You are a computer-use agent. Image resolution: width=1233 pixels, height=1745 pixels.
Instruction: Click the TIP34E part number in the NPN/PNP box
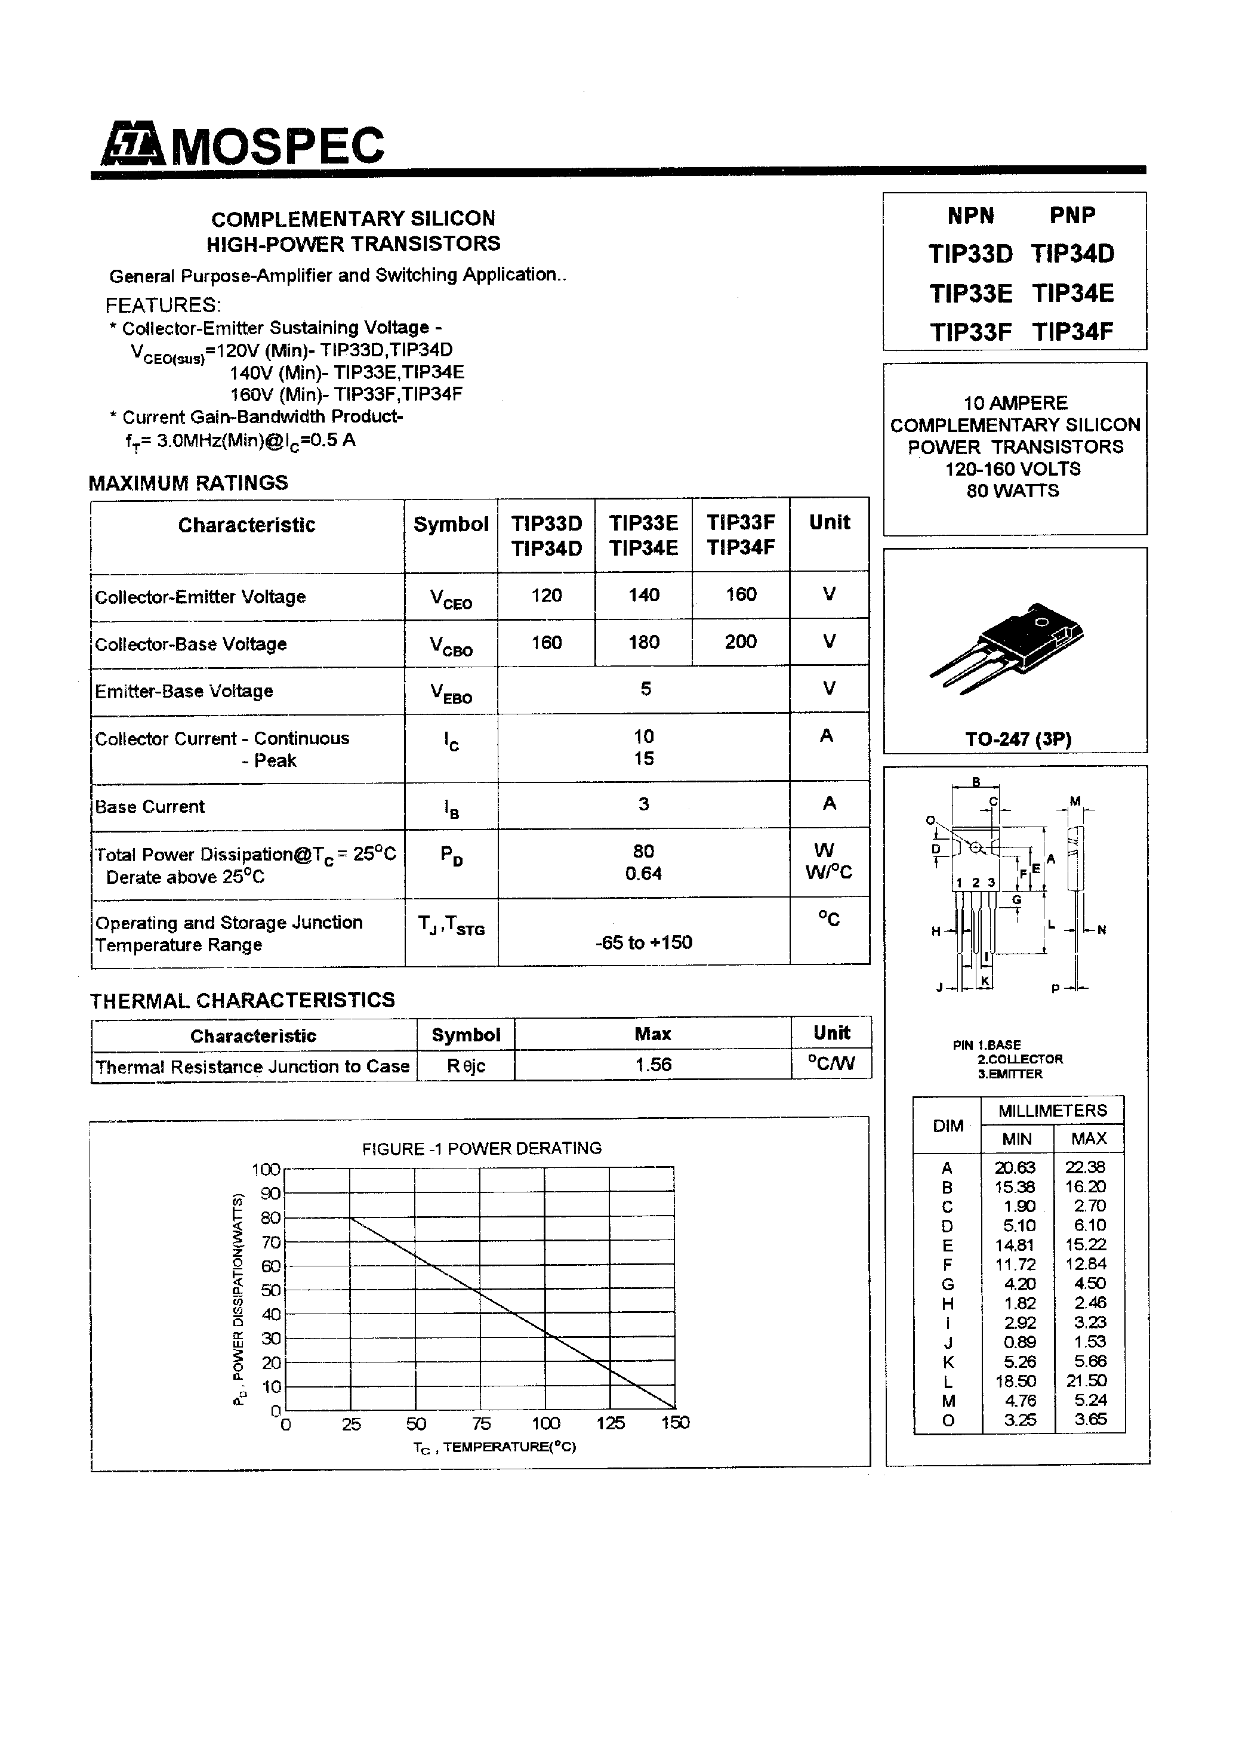coord(1072,292)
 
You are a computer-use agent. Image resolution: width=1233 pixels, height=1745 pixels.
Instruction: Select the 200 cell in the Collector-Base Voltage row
coord(741,642)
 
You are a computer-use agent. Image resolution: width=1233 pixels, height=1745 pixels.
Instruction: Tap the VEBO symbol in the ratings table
coord(451,692)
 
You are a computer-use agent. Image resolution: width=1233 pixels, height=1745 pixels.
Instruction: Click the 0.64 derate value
coord(643,873)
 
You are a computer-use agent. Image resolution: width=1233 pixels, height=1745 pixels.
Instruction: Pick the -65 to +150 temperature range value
coord(643,942)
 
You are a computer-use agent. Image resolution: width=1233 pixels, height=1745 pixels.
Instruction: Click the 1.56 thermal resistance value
coord(653,1064)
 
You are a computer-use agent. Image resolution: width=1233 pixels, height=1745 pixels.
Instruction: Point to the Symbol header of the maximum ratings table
coord(451,525)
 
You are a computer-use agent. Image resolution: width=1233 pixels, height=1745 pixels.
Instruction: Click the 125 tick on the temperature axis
coord(611,1423)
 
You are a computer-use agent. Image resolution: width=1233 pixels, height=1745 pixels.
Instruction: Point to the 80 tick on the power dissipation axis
coord(270,1217)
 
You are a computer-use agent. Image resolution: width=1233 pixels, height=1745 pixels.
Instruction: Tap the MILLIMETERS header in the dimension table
coord(1052,1111)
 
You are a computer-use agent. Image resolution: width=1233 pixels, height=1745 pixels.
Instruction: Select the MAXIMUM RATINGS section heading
coord(189,483)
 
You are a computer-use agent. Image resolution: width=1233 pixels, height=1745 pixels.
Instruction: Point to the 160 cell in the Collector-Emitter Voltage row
coord(741,594)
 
